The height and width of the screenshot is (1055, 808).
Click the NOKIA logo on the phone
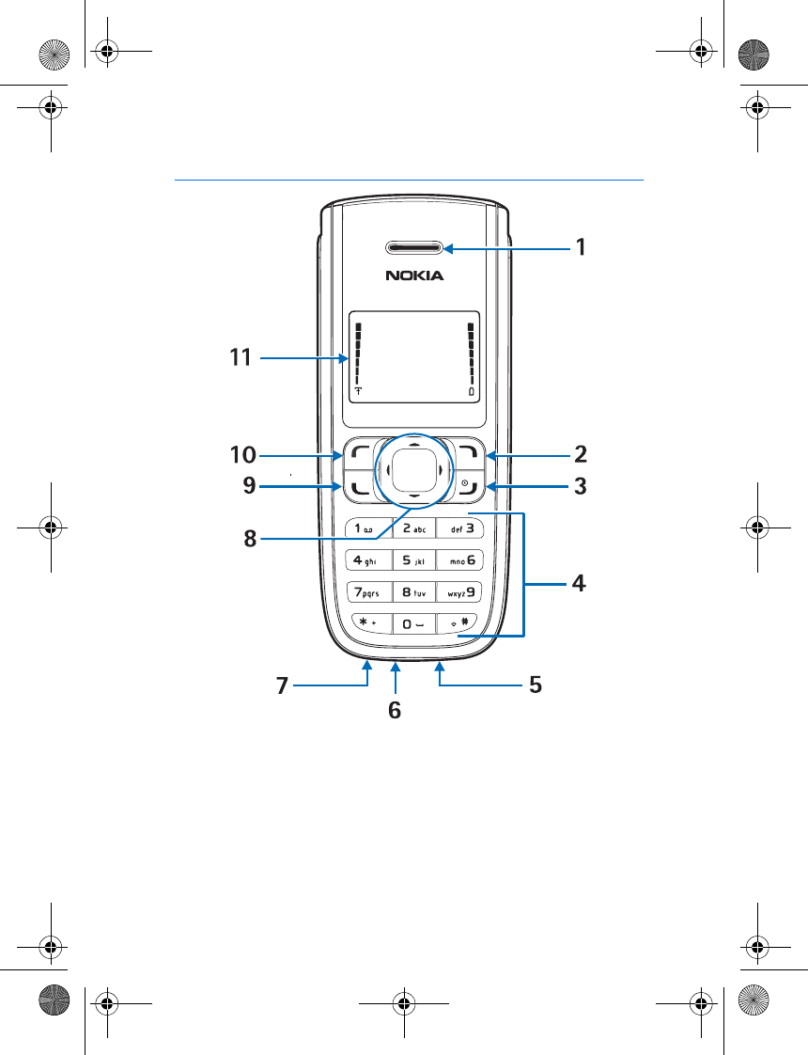tap(414, 276)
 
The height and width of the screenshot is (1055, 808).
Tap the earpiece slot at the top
tap(414, 249)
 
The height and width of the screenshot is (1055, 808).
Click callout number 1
tap(581, 247)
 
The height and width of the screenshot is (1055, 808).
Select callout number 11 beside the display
tap(241, 357)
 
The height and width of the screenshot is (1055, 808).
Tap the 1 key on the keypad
tap(368, 528)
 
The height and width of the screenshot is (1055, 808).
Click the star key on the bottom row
tap(370, 623)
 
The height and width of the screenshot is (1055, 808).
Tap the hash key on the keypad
tap(459, 623)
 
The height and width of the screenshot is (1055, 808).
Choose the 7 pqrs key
tap(369, 592)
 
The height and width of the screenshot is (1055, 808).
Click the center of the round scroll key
tap(414, 470)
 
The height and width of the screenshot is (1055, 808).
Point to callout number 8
tap(250, 538)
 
